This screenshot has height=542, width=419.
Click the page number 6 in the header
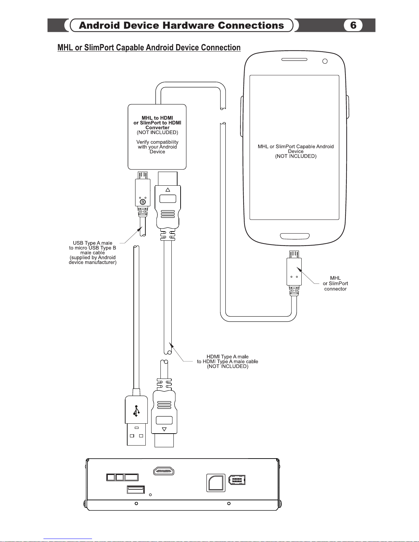point(353,25)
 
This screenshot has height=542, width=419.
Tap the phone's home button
point(295,236)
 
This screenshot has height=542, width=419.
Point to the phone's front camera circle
point(325,61)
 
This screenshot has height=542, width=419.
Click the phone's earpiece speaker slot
point(294,60)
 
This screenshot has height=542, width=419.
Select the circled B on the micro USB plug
point(143,202)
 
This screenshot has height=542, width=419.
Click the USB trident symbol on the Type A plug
point(136,411)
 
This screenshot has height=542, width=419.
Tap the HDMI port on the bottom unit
point(163,471)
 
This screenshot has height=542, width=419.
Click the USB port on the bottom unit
point(136,490)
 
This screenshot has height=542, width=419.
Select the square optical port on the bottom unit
point(216,483)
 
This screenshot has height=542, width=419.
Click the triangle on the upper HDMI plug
point(168,190)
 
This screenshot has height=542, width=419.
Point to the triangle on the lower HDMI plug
point(164,429)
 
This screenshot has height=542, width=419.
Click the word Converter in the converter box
point(157,128)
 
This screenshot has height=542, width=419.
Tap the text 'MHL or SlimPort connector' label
point(335,283)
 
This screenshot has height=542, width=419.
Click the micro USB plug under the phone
point(294,273)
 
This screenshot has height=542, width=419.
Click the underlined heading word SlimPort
point(99,48)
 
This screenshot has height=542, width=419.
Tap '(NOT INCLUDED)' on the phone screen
point(296,156)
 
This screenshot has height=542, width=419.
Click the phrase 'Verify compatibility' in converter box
point(157,142)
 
